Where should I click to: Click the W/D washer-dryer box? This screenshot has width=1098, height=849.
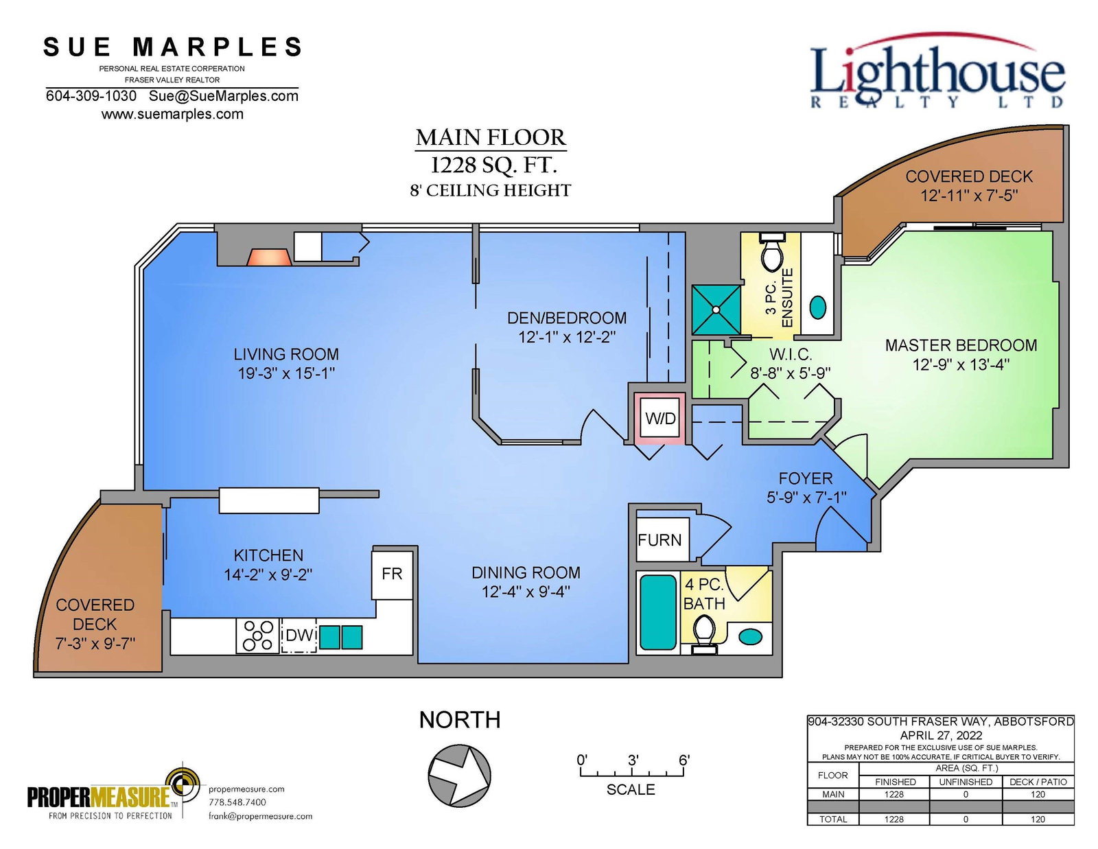tap(660, 418)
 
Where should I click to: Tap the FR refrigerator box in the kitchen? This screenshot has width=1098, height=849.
tap(392, 575)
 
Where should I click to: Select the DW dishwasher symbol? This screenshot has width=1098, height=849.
tap(299, 636)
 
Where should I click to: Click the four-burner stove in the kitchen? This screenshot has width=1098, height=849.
tap(258, 636)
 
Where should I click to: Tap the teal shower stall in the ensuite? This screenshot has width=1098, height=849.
tap(716, 310)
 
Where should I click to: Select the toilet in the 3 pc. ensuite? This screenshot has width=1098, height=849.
tap(771, 251)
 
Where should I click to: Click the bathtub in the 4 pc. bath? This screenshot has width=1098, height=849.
tap(658, 612)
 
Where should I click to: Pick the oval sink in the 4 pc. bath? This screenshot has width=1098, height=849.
tap(751, 636)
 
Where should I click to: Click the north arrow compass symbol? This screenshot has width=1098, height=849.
tap(459, 775)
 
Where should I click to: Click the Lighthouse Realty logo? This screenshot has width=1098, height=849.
tap(938, 71)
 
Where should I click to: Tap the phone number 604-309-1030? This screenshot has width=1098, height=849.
tap(91, 95)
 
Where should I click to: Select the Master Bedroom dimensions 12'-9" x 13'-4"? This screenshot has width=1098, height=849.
tap(961, 364)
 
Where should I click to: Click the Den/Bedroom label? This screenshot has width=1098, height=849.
tap(566, 318)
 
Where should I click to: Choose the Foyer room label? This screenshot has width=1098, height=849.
tap(806, 478)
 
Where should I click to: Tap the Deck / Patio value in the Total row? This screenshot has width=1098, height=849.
tap(1038, 819)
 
